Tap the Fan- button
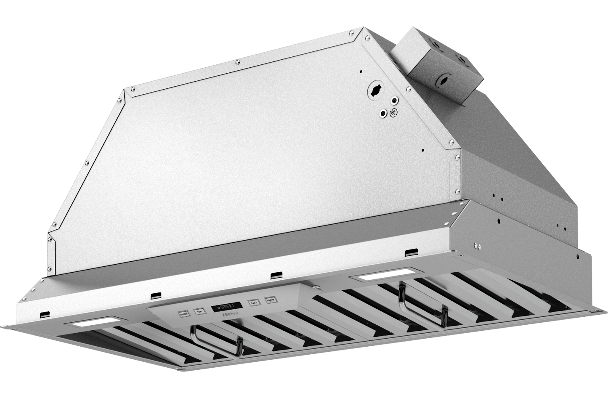pos(198,312)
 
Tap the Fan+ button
pos(254,302)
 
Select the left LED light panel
pos(92,324)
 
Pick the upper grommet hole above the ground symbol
pos(394,101)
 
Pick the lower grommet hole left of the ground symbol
pos(383,113)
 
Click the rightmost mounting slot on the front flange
pos(409,253)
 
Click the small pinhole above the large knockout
pos(361,72)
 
